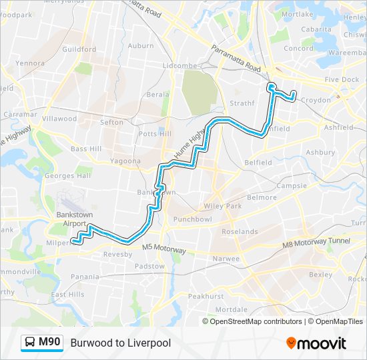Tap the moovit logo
coord(316,343)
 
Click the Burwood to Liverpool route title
coord(121,343)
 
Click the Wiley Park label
coord(224,206)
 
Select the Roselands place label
coord(240,231)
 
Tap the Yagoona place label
coord(125,161)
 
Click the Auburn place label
coord(141,45)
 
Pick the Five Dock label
coord(342,79)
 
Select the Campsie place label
coord(292,185)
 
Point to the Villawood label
coord(59,119)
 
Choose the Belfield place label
coord(258,162)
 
